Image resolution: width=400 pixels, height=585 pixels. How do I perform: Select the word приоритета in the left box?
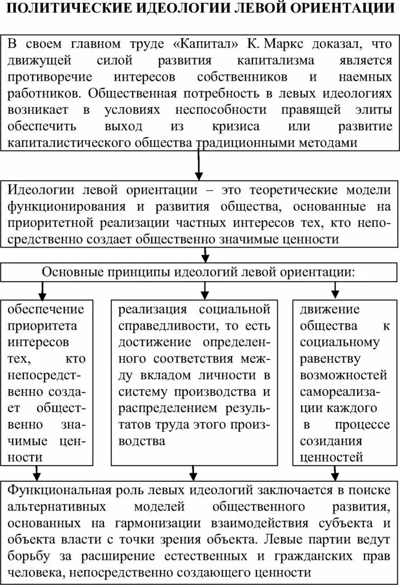point(45,326)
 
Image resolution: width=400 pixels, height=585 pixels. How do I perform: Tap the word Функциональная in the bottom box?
point(57,491)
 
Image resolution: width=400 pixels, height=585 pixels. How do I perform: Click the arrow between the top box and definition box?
point(198,166)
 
